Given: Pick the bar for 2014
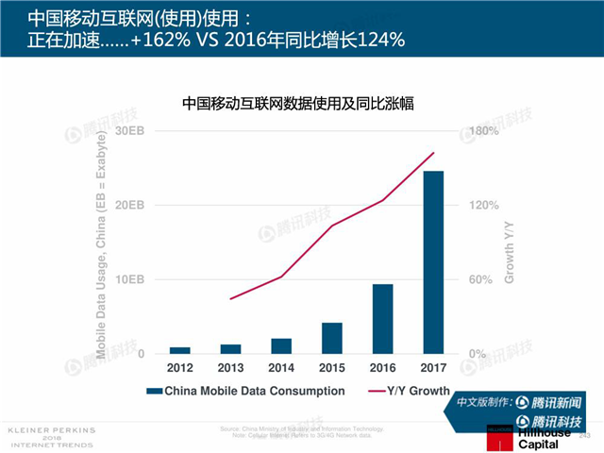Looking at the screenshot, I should pyautogui.click(x=281, y=345).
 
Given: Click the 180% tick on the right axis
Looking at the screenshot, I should pyautogui.click(x=483, y=130).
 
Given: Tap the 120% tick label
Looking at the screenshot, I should pyautogui.click(x=483, y=205).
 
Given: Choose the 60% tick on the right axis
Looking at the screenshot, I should pyautogui.click(x=480, y=279).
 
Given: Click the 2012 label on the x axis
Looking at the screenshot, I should pyautogui.click(x=179, y=367).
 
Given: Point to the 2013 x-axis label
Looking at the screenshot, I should pyautogui.click(x=230, y=367).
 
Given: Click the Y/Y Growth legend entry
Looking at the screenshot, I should pyautogui.click(x=410, y=390).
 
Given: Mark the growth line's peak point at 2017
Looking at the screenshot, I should pyautogui.click(x=433, y=153).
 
